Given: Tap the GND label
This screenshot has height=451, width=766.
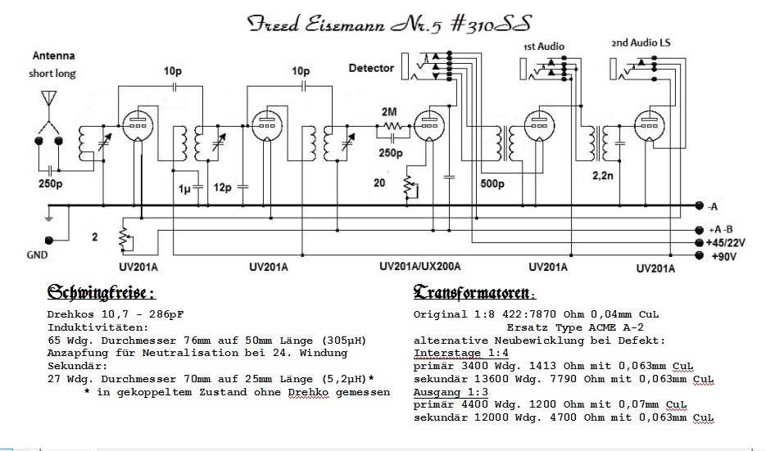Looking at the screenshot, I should point(37,255).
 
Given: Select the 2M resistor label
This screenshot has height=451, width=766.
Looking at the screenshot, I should point(390,111).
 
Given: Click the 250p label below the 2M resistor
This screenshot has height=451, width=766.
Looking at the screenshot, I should point(390,153).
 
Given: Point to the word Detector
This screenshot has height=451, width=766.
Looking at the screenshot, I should point(371,68).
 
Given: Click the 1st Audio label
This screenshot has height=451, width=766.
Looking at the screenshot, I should point(544,46).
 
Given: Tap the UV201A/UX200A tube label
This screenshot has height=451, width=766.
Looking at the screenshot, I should point(421,267).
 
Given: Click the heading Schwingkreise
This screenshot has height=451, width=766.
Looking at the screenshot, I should point(102,292).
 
